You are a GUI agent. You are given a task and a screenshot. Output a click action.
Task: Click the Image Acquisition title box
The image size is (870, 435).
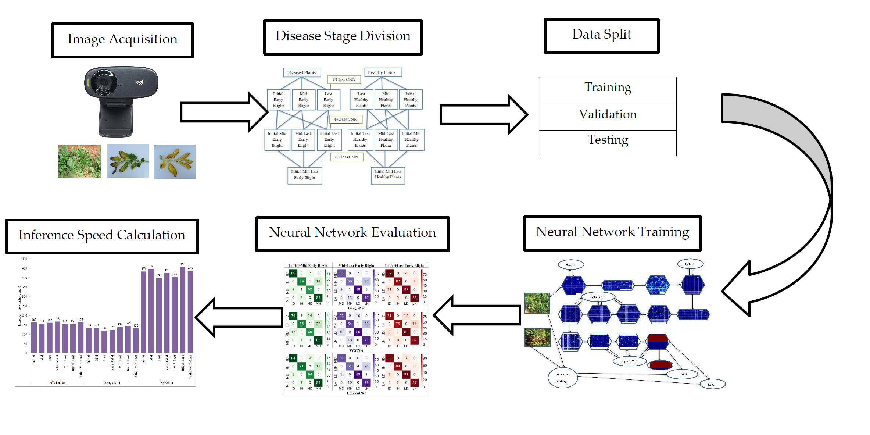tap(122, 40)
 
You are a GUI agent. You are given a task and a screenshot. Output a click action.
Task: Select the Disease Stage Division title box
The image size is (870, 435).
tap(343, 37)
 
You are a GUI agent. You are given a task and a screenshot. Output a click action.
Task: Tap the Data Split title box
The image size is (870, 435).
tap(601, 36)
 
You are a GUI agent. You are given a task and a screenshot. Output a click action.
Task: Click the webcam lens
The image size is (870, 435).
tap(104, 82)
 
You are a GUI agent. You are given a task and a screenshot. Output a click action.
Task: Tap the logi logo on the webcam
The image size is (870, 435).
tap(139, 82)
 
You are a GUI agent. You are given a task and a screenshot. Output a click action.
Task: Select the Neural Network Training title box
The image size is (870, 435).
tap(612, 233)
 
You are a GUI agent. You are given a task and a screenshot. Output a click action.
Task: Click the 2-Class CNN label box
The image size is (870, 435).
tap(344, 79)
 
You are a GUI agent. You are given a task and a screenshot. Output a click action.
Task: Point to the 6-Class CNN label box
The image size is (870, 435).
tap(347, 157)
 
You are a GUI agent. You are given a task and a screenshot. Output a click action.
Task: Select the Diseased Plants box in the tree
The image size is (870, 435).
tap(301, 72)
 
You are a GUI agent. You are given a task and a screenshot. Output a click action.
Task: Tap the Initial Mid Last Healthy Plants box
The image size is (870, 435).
tap(388, 175)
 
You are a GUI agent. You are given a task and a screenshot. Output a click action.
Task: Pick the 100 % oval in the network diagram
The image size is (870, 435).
tap(683, 374)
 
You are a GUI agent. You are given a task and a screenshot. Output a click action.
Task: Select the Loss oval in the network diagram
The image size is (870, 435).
tap(711, 385)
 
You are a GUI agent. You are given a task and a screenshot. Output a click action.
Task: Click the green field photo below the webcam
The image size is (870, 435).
tap(79, 161)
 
